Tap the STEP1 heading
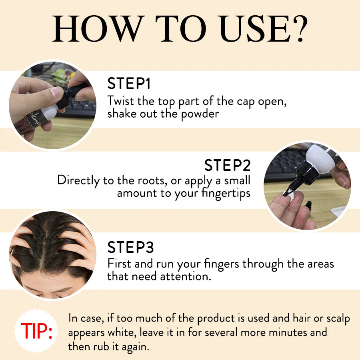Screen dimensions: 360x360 [x=129, y=83]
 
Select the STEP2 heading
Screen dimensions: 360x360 [x=227, y=165]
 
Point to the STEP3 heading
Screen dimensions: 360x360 [x=130, y=247]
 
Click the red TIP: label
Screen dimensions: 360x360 [x=36, y=331]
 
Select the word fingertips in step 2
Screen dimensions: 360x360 [x=226, y=193]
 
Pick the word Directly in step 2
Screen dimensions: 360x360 [x=78, y=180]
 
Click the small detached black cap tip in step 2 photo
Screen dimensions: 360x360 [x=308, y=206]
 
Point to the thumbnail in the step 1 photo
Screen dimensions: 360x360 [x=56, y=92]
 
